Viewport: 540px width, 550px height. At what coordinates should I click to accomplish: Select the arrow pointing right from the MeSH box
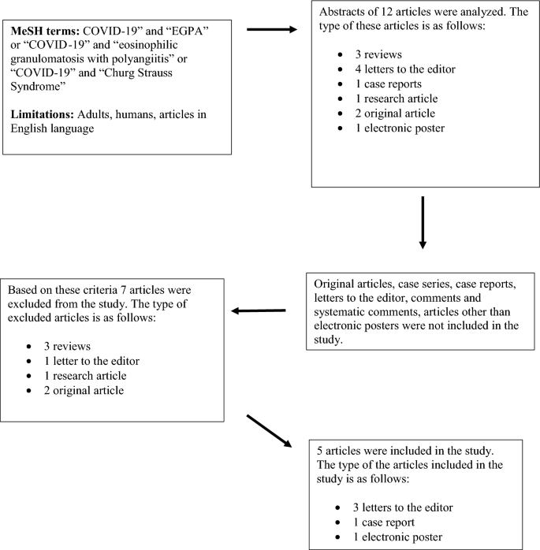(x=272, y=30)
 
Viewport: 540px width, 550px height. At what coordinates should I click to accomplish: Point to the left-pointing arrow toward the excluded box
(x=258, y=310)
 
